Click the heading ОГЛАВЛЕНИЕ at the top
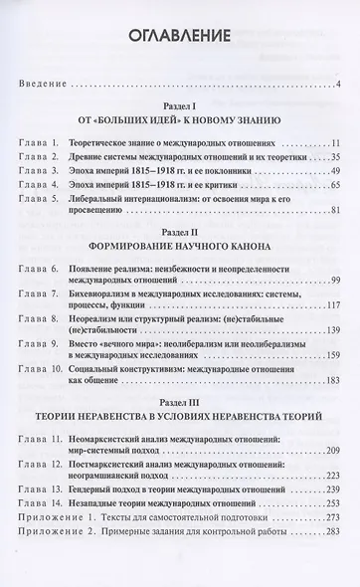coord(180,38)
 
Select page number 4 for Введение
coord(339,82)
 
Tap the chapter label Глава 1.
coord(42,141)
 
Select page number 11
coord(336,141)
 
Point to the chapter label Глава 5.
coord(42,197)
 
